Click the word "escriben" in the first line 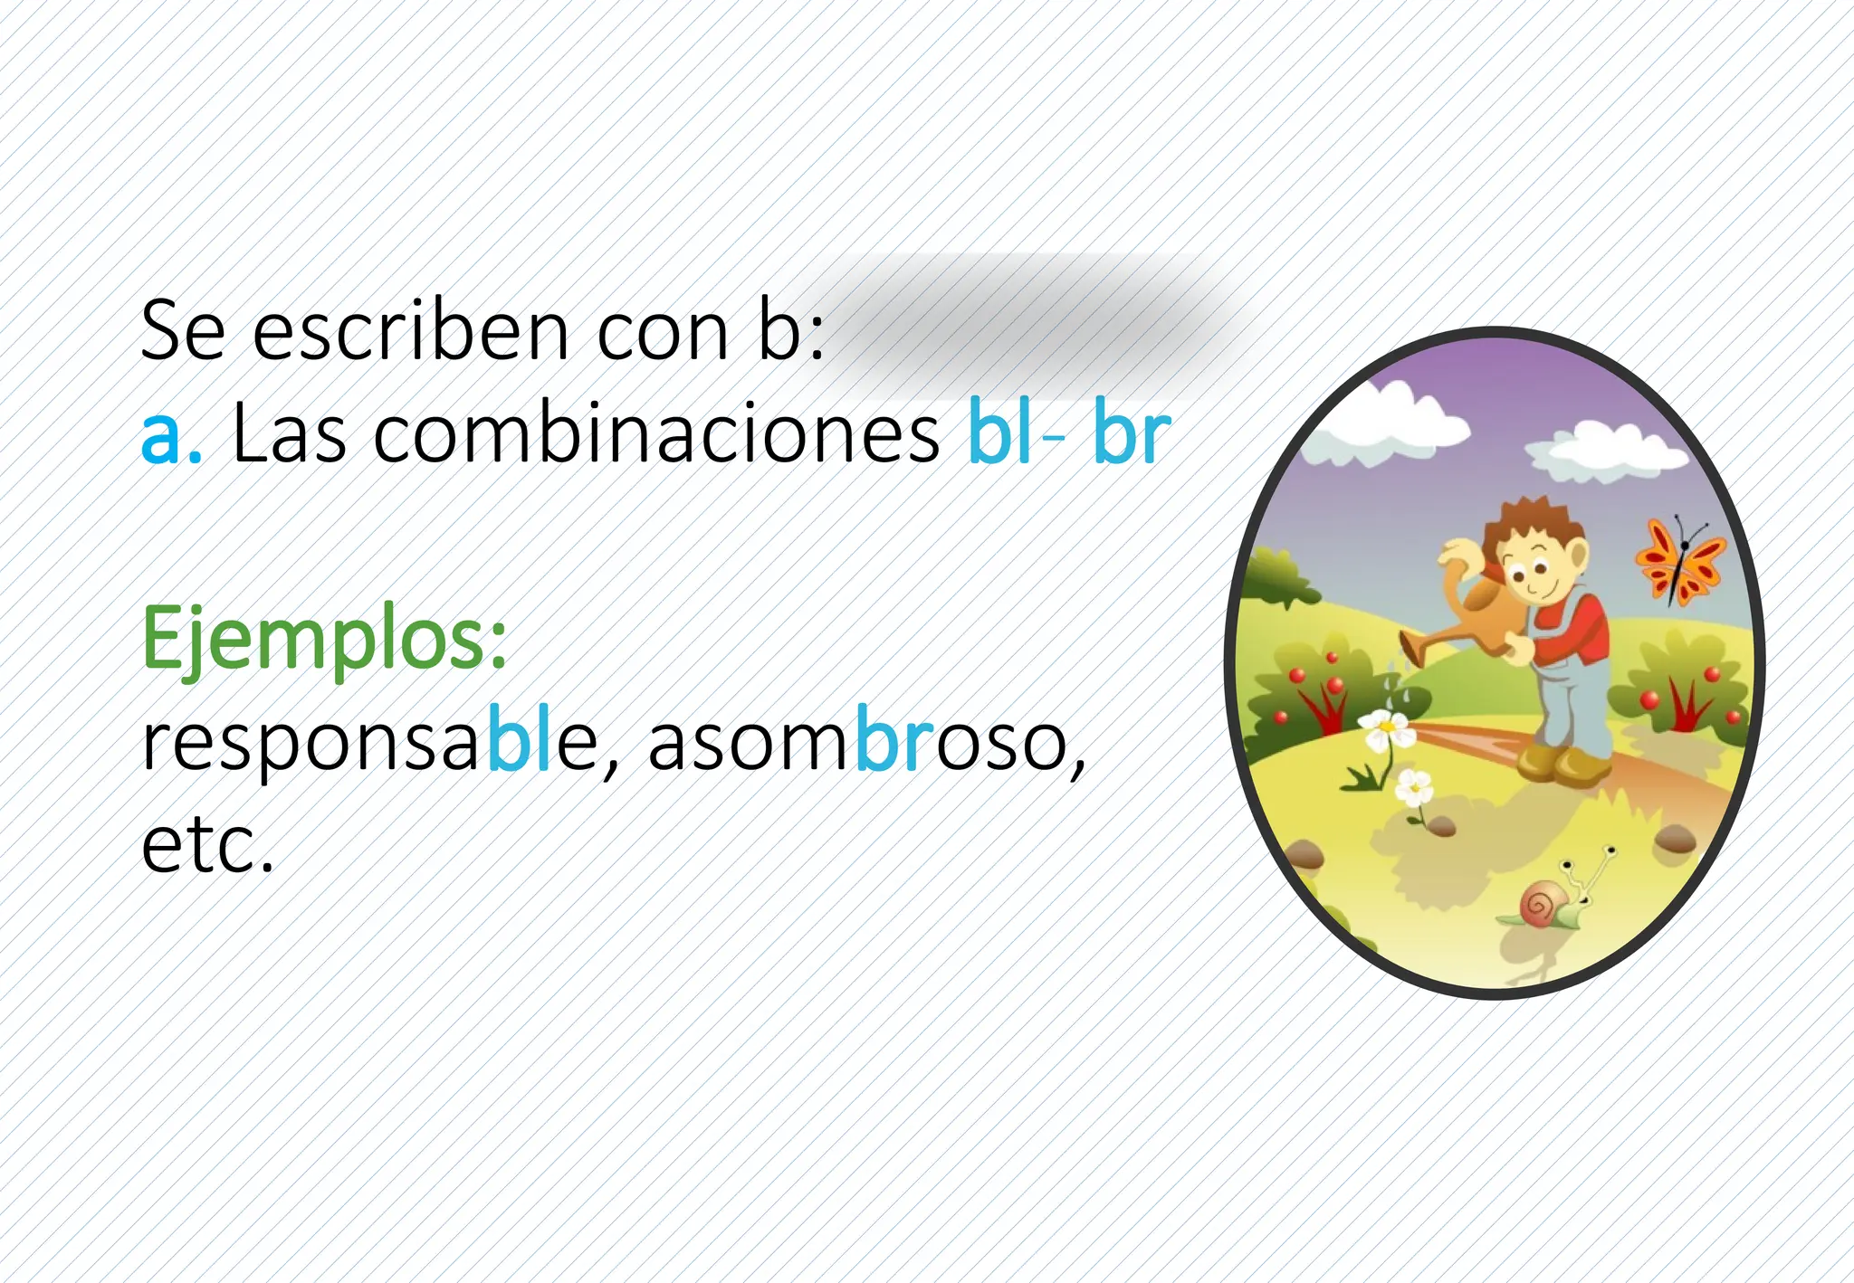tap(410, 331)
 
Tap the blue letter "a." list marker tap(170, 435)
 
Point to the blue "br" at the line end tap(1132, 433)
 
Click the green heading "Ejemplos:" tap(324, 639)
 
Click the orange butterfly tap(1680, 561)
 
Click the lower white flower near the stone tap(1413, 789)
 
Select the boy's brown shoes tap(1562, 765)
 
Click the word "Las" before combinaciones tap(289, 433)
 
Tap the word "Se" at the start tap(183, 331)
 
